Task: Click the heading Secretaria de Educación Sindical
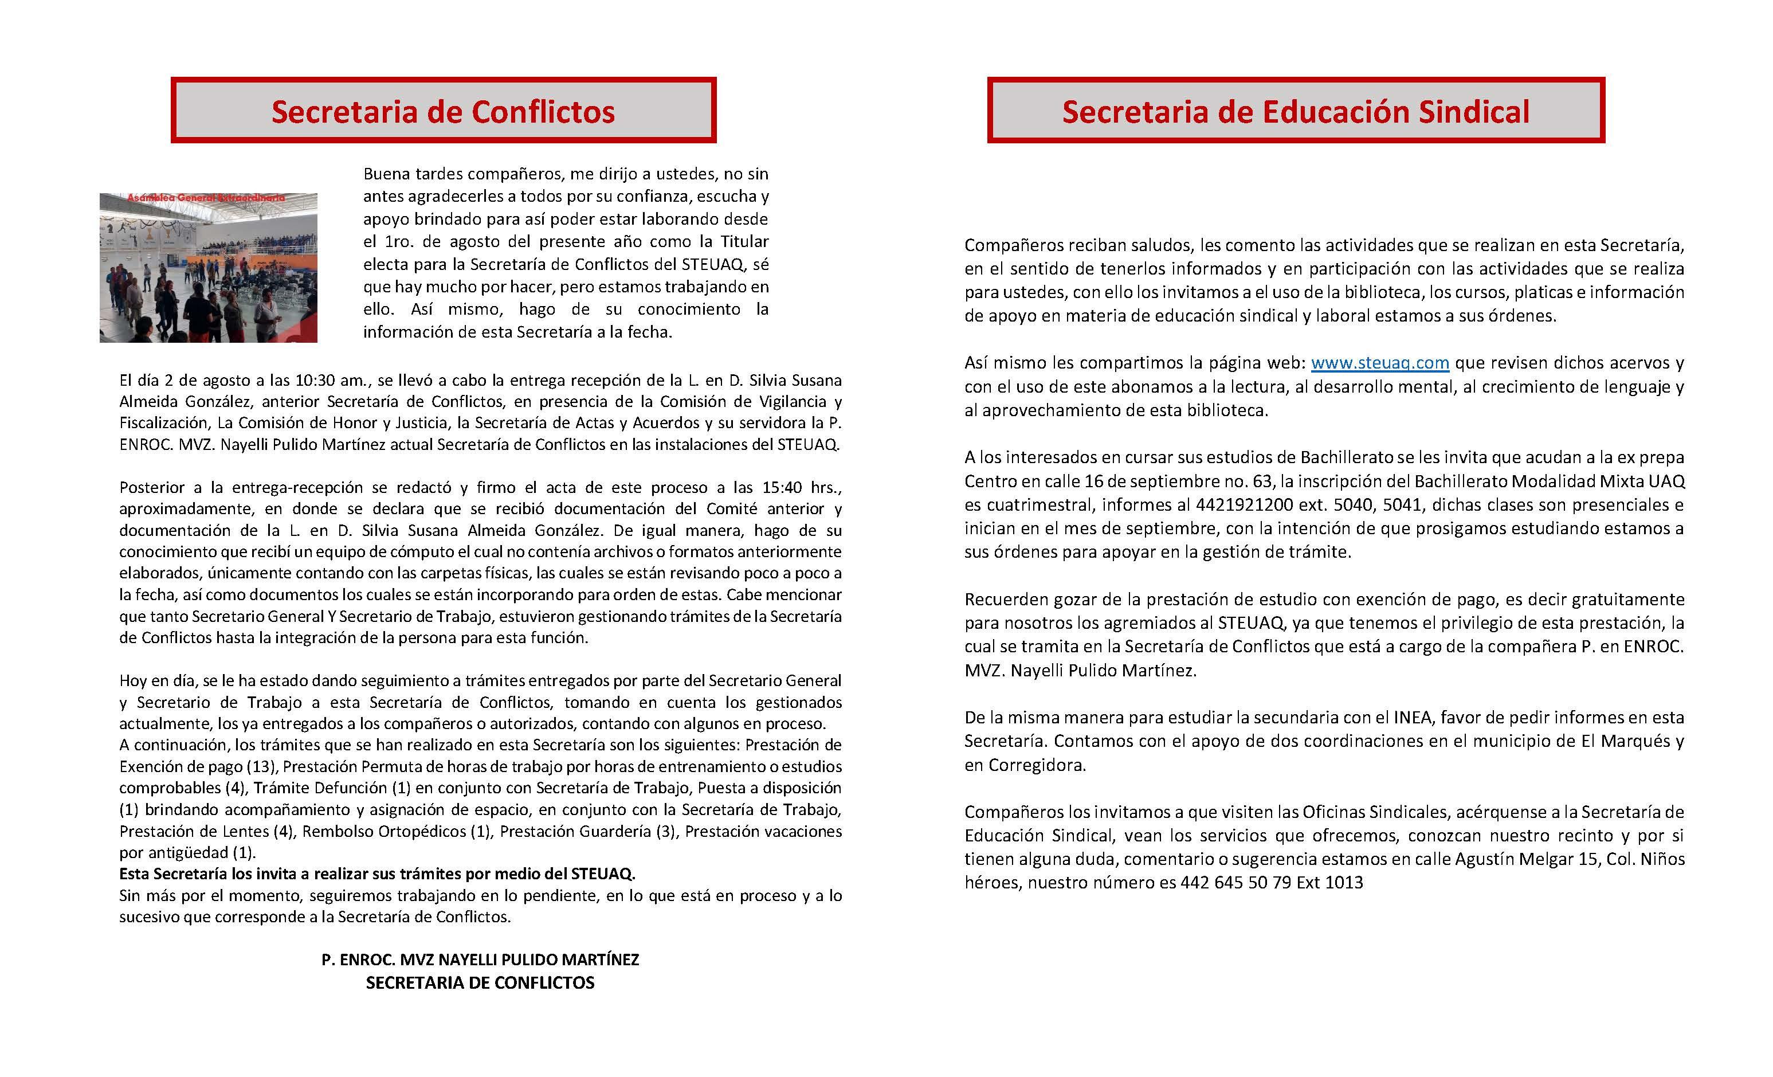point(1295,112)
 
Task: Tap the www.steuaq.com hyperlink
point(1379,363)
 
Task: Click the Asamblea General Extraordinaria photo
point(208,267)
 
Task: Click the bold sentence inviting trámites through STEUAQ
point(377,874)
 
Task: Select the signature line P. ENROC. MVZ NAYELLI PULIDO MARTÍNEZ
point(480,959)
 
